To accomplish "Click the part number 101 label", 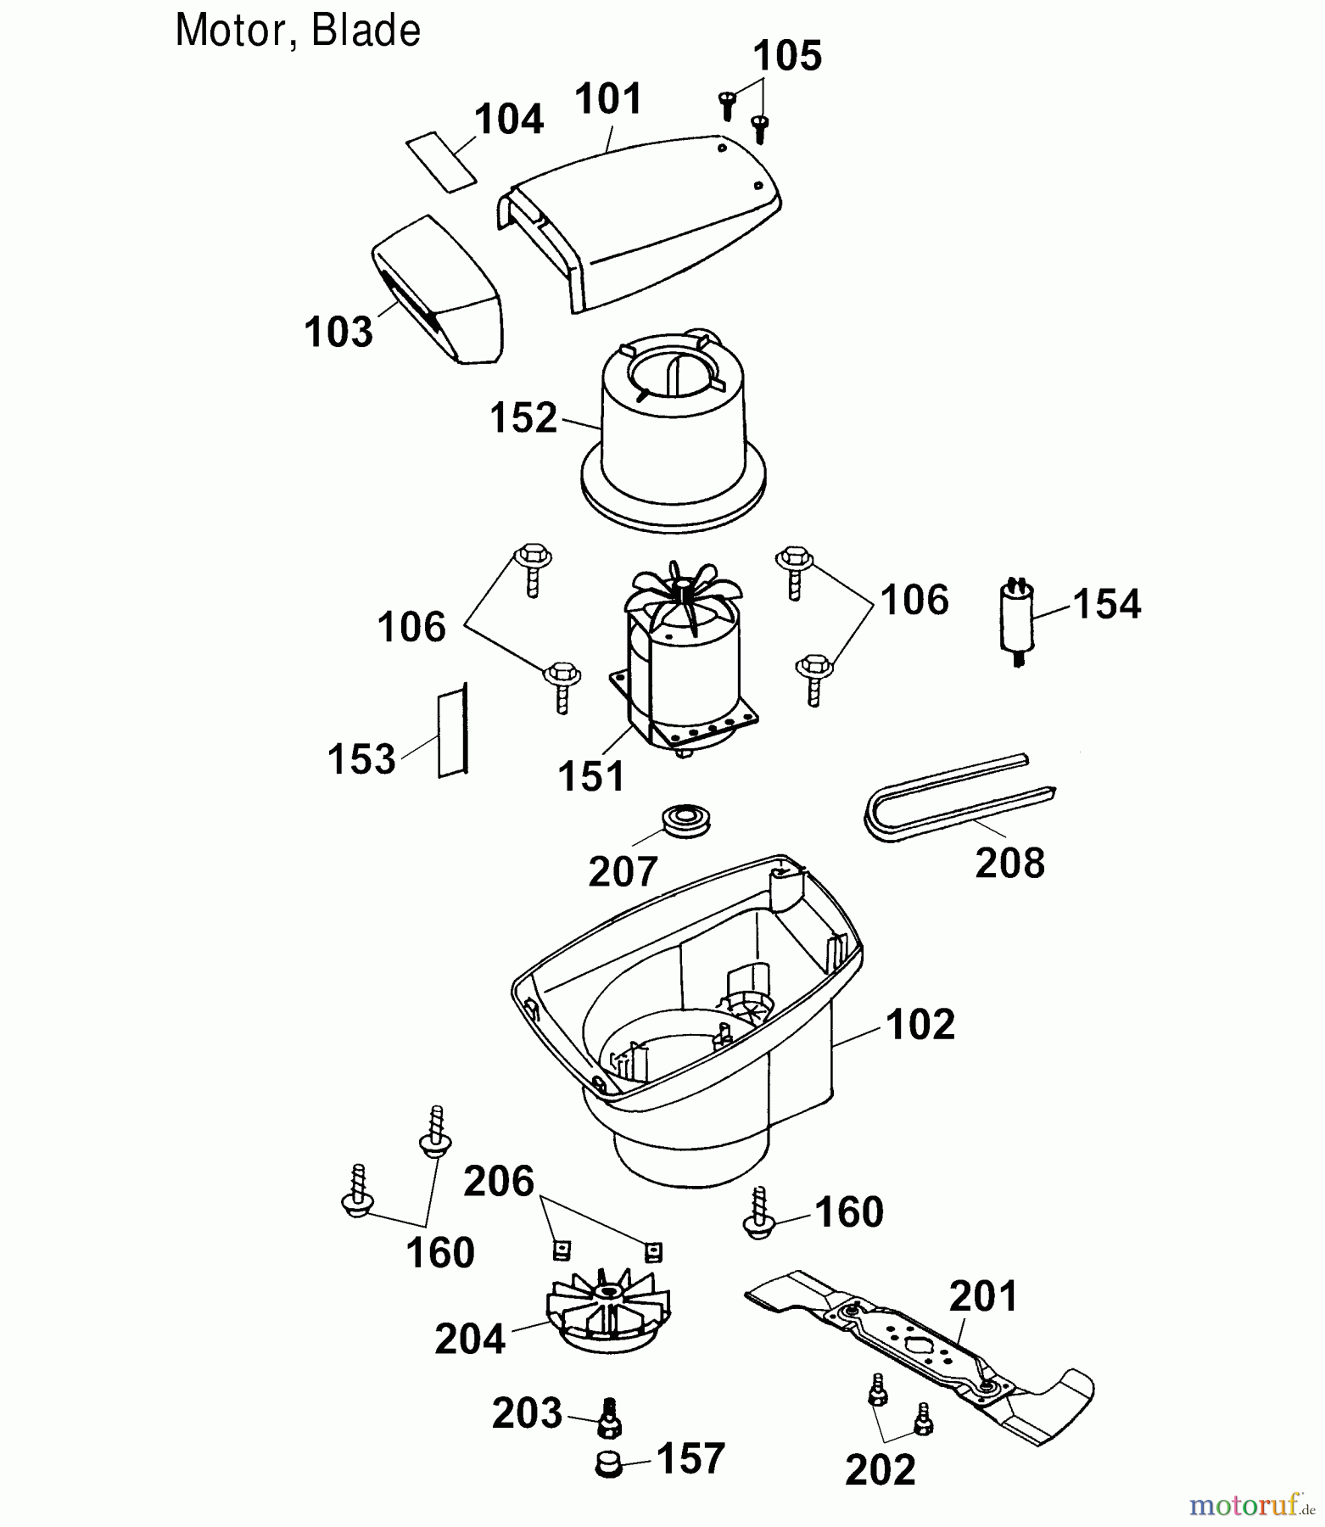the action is pyautogui.click(x=608, y=99).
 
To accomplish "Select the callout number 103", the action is pyautogui.click(x=338, y=332).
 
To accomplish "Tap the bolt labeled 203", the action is pyautogui.click(x=608, y=1418).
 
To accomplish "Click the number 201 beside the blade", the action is pyautogui.click(x=983, y=1296).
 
